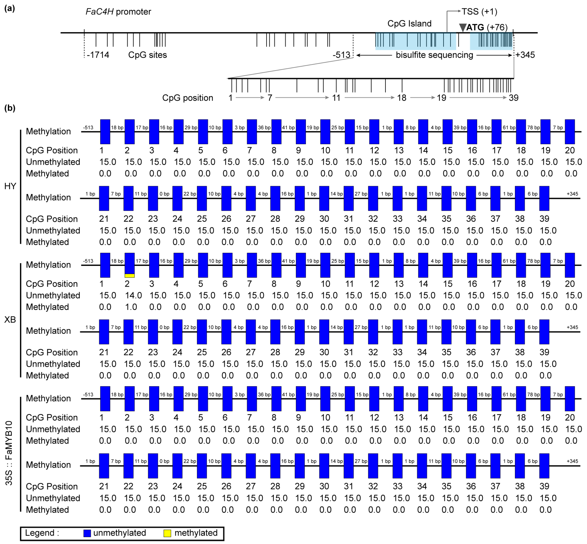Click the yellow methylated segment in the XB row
click(x=129, y=275)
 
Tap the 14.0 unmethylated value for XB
click(x=133, y=295)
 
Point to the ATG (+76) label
click(x=487, y=27)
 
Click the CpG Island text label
click(x=409, y=24)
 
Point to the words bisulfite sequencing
click(x=434, y=55)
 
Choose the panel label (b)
click(x=10, y=108)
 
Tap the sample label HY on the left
click(x=10, y=186)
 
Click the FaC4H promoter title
click(x=118, y=12)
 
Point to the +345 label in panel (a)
click(x=525, y=55)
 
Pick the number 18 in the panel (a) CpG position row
click(x=402, y=98)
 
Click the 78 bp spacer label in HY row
click(x=533, y=128)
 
